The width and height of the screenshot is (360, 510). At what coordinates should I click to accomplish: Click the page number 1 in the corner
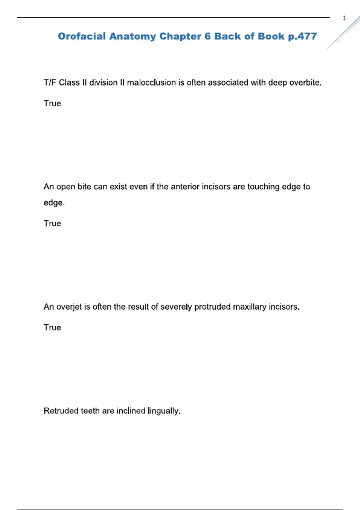point(344,18)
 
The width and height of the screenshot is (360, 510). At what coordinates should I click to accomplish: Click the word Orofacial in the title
point(82,36)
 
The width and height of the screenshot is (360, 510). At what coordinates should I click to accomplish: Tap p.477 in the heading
point(302,37)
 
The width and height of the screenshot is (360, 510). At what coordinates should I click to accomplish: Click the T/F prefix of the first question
point(50,82)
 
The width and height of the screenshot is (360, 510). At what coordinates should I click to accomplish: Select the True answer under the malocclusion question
point(52,103)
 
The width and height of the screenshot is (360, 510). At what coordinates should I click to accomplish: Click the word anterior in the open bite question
point(185,187)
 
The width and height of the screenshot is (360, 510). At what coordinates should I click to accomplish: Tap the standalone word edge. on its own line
point(54,203)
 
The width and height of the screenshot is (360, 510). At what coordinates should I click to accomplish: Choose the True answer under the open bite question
point(52,223)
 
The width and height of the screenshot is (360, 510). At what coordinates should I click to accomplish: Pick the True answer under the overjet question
point(52,327)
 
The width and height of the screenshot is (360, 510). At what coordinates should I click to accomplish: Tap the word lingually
point(164,411)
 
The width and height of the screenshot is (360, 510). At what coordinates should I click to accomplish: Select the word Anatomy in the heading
point(132,36)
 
